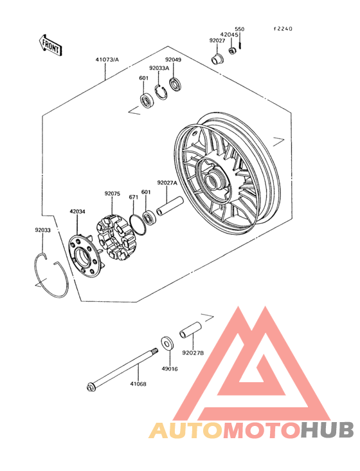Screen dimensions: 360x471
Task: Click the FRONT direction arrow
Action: coord(50,45)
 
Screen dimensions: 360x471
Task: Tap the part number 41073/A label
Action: coord(107,60)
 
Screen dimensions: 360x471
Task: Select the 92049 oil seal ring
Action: coord(175,84)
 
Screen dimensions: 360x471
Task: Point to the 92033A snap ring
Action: coord(161,93)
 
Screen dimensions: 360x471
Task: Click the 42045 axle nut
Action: coord(233,51)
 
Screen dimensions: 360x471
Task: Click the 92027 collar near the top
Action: coord(217,59)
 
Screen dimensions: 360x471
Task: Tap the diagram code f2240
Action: coord(283,29)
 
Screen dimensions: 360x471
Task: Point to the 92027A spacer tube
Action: coord(169,206)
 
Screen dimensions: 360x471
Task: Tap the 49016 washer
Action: coord(167,344)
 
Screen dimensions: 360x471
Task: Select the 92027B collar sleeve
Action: coord(190,330)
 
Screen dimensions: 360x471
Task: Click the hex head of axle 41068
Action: coord(90,387)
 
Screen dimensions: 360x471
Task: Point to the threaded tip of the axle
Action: coord(155,350)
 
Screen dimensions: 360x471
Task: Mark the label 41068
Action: coord(138,384)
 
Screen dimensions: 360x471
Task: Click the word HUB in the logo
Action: coord(327,430)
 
